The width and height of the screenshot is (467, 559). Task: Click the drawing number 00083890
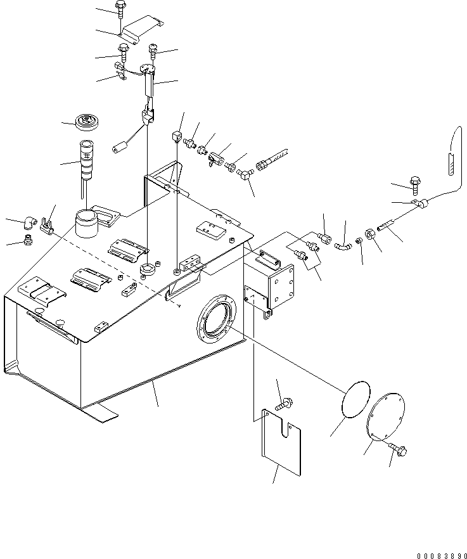(442, 556)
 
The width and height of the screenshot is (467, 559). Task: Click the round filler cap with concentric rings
(87, 122)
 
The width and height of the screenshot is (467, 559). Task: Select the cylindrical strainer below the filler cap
(86, 159)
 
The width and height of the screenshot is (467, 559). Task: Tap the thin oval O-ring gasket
(355, 399)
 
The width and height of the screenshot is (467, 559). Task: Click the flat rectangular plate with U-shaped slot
(281, 442)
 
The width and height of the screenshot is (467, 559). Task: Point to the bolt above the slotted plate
(284, 404)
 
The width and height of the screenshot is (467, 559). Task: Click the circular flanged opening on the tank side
(216, 319)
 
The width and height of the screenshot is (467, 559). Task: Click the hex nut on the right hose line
(369, 235)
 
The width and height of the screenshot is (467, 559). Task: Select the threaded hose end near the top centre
(272, 159)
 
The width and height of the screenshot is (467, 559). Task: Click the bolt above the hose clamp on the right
(415, 185)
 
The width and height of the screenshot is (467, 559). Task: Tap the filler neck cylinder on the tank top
(87, 224)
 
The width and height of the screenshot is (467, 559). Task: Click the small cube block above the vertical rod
(176, 136)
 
